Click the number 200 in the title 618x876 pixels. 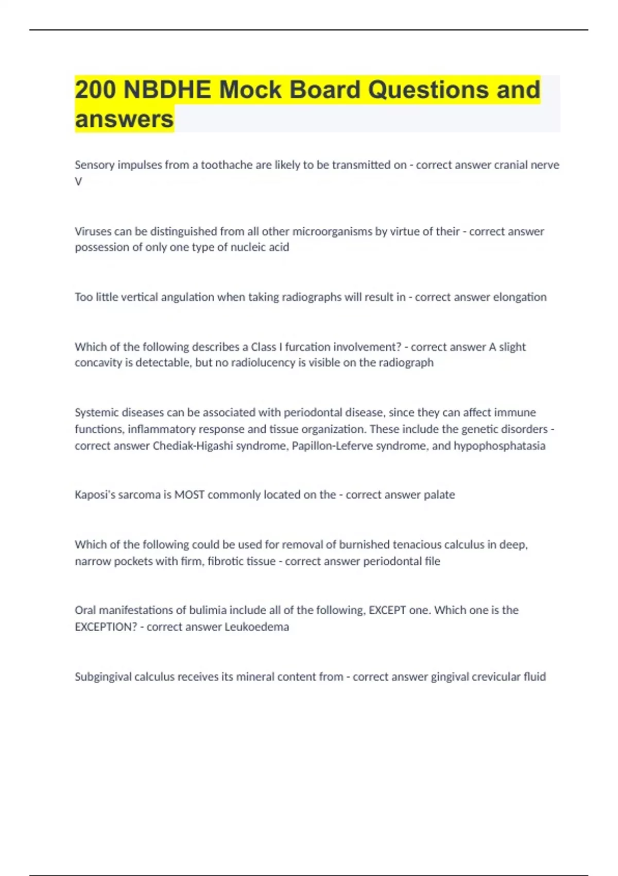click(95, 90)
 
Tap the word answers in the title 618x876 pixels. click(124, 119)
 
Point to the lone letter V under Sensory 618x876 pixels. click(78, 181)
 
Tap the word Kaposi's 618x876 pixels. click(95, 495)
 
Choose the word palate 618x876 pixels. click(439, 495)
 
